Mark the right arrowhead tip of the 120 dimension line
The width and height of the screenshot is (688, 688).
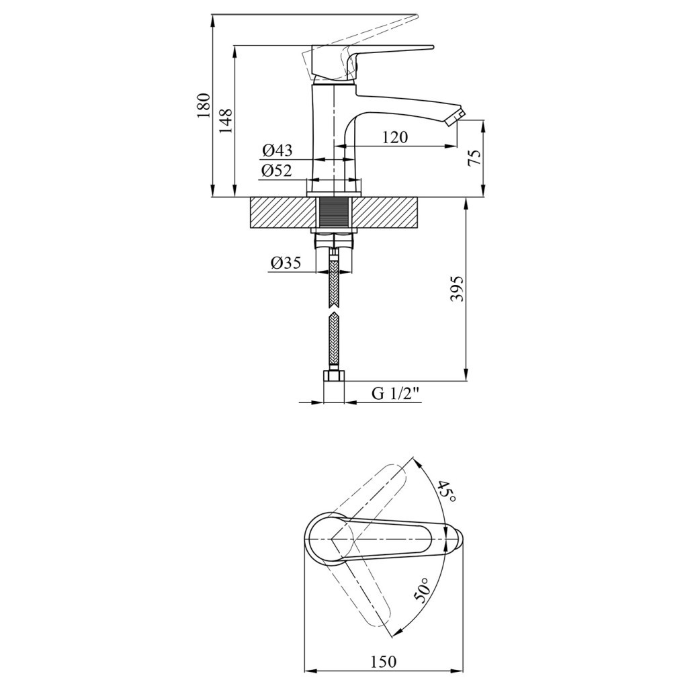tap(457, 146)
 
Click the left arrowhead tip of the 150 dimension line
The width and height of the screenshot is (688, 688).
tap(304, 670)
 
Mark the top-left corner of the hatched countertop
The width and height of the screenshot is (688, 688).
tap(249, 198)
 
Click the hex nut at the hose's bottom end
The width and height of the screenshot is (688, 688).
tap(335, 376)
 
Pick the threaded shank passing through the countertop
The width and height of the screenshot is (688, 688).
tap(335, 213)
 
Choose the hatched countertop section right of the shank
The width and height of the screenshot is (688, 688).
tap(386, 213)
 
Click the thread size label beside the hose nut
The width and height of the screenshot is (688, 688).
tap(396, 394)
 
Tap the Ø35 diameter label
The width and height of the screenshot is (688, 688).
tap(286, 263)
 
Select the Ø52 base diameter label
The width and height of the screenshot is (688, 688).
tap(277, 170)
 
